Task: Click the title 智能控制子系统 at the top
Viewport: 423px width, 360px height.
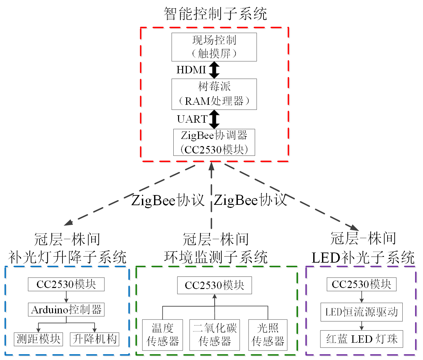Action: click(x=215, y=14)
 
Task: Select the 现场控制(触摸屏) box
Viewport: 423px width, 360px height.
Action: click(x=214, y=47)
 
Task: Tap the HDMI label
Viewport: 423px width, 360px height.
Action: click(x=191, y=70)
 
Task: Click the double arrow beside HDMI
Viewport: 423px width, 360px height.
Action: click(x=214, y=70)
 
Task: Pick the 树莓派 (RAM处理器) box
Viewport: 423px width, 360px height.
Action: click(x=214, y=94)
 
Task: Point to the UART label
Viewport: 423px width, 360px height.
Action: click(x=192, y=119)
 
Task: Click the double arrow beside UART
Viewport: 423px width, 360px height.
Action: click(x=214, y=119)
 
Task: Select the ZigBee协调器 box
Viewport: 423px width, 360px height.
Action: click(x=214, y=142)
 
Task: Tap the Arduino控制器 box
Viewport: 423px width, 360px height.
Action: click(x=66, y=310)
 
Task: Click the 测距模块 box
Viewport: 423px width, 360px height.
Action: click(x=38, y=339)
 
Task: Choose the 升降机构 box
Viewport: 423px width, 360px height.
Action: click(x=95, y=339)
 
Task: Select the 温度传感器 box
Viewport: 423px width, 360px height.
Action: click(x=163, y=335)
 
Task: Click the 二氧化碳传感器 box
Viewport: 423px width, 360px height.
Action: click(x=215, y=335)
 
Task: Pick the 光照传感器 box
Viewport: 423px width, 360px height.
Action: click(x=268, y=335)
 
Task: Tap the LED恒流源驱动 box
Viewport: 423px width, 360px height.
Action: click(x=362, y=312)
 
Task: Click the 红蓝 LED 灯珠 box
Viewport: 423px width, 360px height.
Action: click(x=362, y=339)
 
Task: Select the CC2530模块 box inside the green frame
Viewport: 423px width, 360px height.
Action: click(x=215, y=285)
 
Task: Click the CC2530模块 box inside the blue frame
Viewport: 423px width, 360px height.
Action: click(x=66, y=284)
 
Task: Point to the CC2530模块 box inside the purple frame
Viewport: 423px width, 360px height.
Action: click(x=362, y=284)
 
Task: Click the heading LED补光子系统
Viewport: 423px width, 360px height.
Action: click(x=363, y=258)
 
